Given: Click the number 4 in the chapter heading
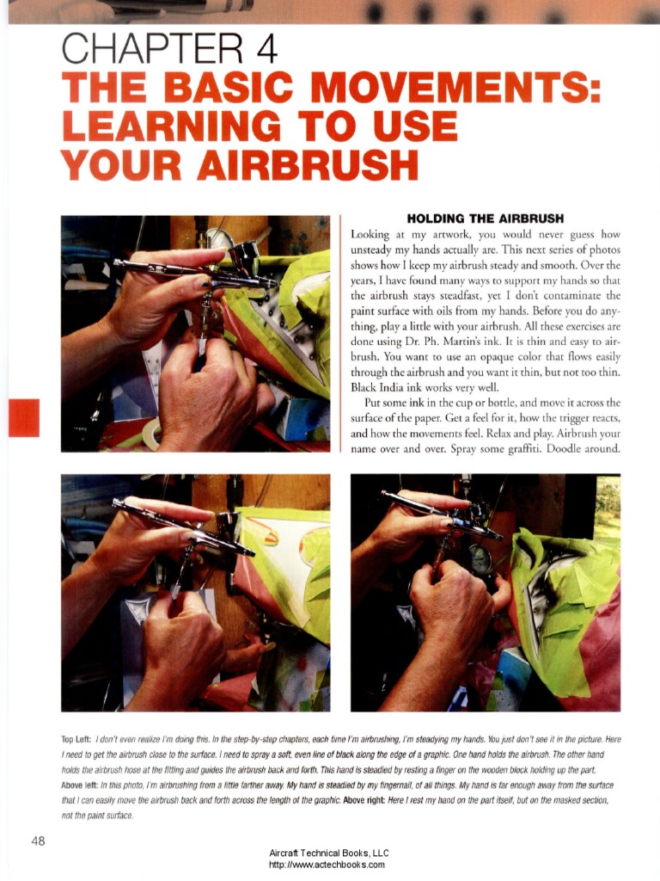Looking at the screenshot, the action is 266,49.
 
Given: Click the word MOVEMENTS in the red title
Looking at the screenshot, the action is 452,89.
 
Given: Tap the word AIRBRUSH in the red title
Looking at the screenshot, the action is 308,164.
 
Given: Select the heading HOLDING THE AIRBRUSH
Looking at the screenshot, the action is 486,219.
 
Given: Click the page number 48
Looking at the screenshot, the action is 38,841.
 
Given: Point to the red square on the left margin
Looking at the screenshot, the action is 24,417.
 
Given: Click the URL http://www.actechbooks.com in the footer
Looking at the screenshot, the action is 327,865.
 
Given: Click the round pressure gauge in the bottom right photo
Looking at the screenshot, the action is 481,558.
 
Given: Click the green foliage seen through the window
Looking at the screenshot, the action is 608,508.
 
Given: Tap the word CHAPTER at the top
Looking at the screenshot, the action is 152,49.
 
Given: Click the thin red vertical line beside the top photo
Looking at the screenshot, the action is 340,333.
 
